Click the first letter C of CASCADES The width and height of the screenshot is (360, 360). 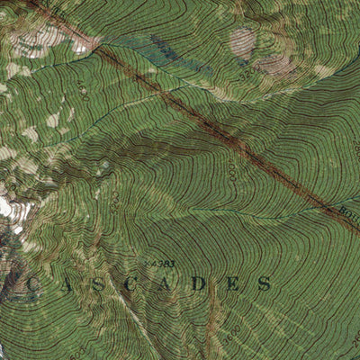pyautogui.click(x=31, y=286)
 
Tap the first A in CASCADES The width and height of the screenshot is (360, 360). pyautogui.click(x=66, y=286)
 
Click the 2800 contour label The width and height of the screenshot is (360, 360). pyautogui.click(x=231, y=171)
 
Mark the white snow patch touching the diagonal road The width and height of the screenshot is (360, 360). pyautogui.click(x=85, y=41)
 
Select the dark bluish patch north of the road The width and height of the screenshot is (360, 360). pyautogui.click(x=166, y=49)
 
